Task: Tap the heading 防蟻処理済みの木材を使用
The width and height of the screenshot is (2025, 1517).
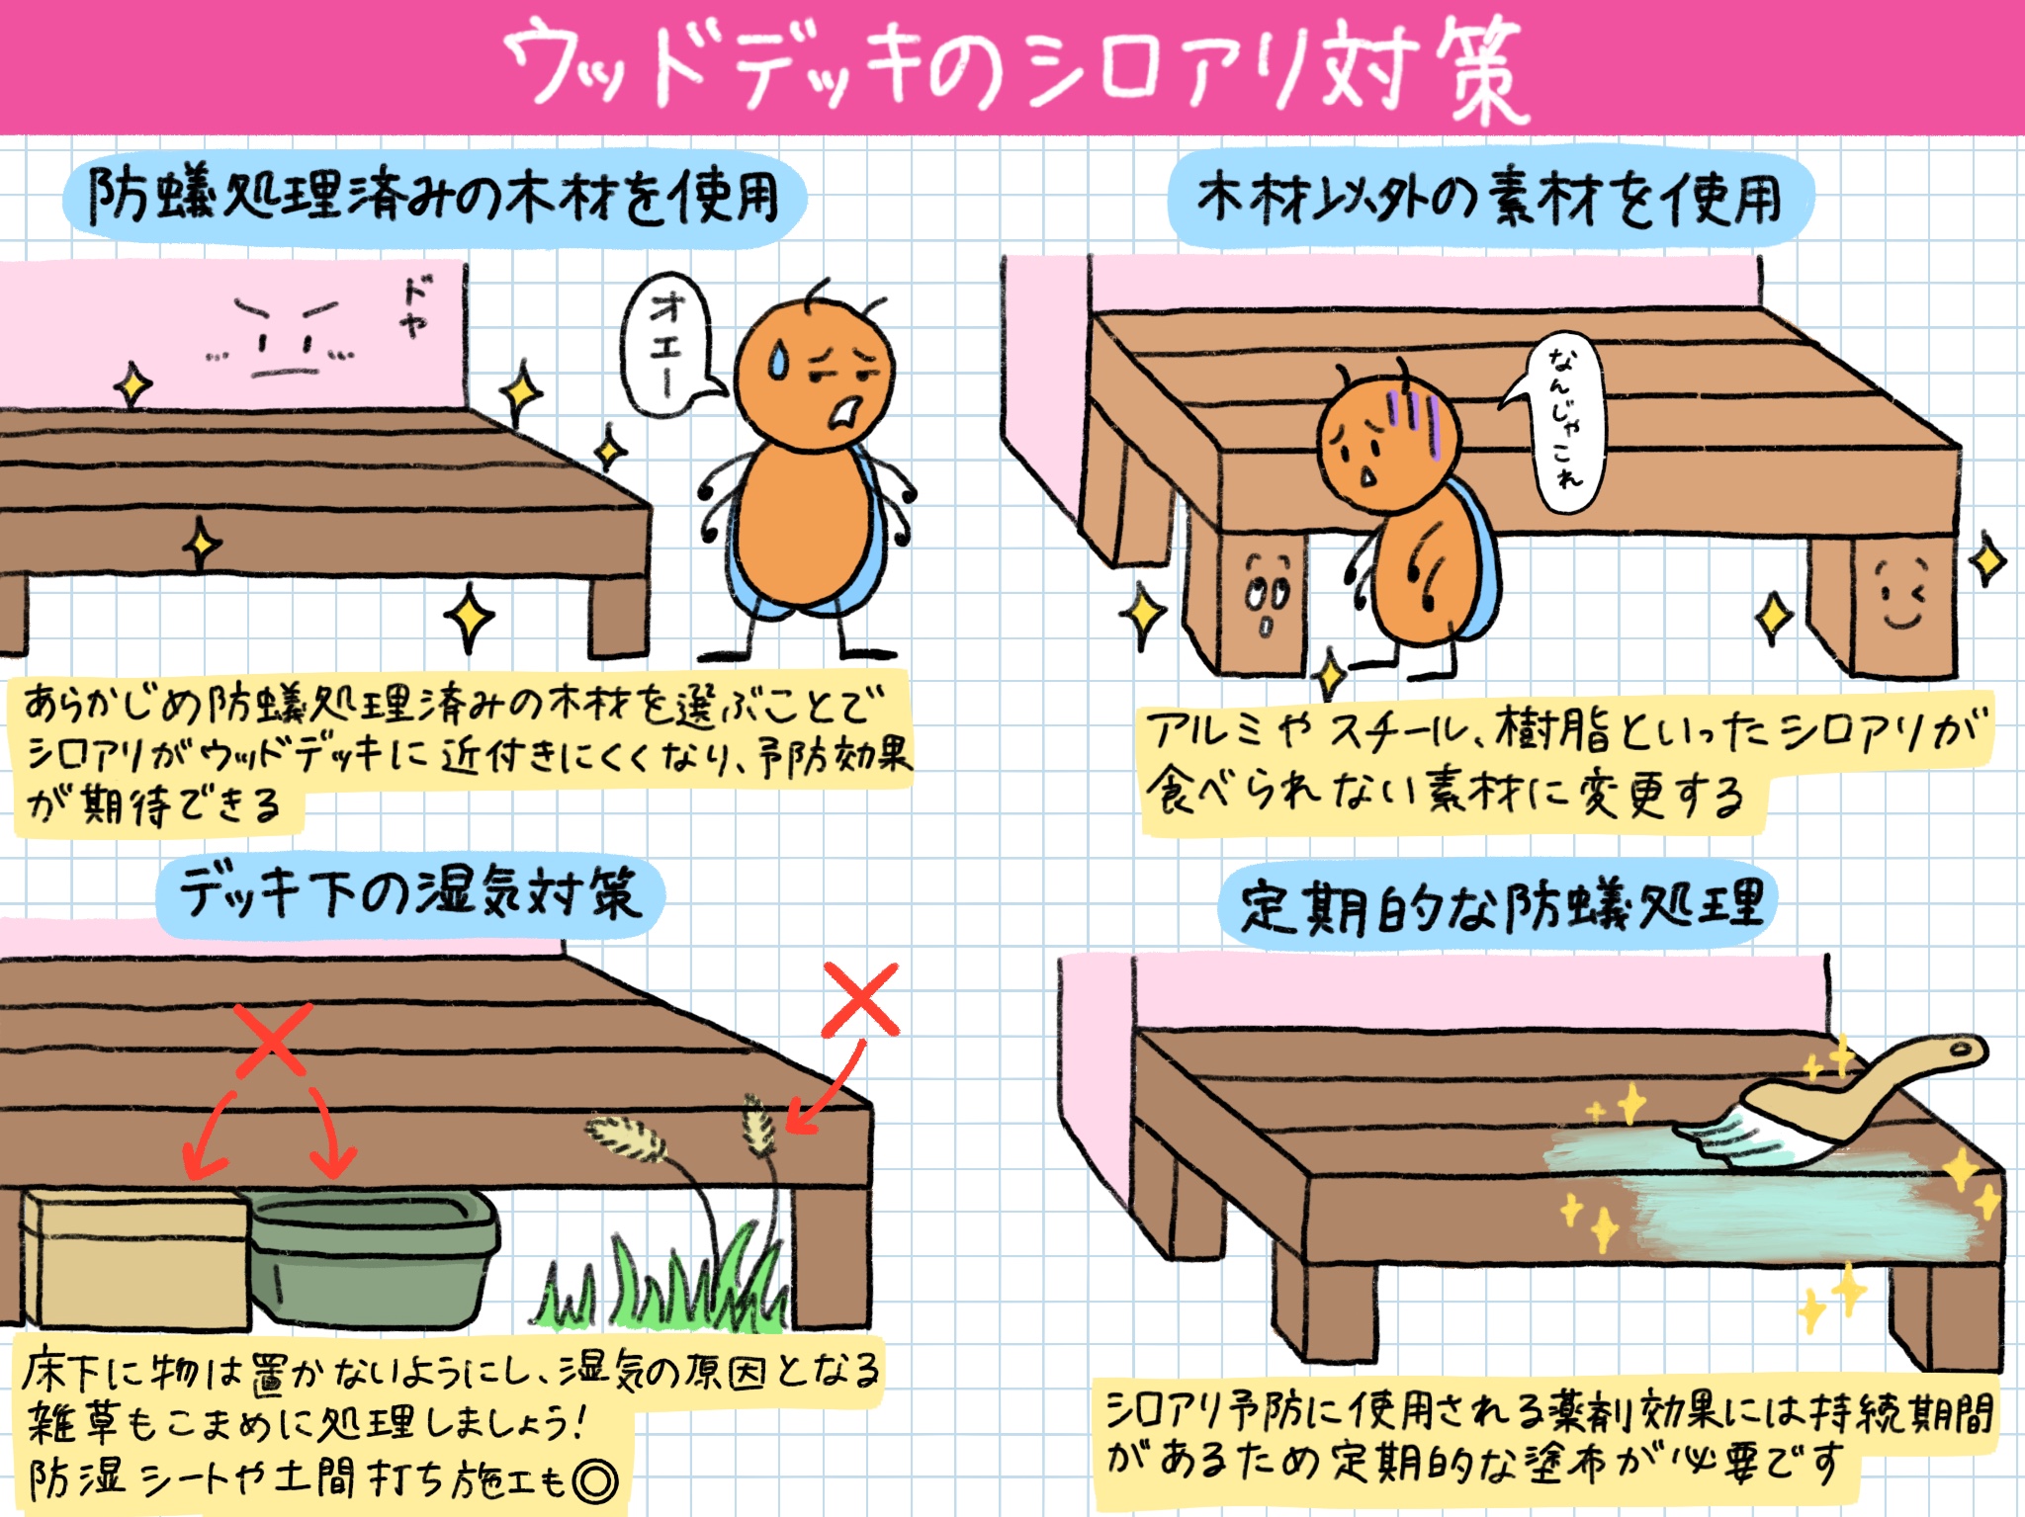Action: pyautogui.click(x=435, y=198)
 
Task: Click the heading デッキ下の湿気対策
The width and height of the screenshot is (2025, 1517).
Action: pyautogui.click(x=409, y=895)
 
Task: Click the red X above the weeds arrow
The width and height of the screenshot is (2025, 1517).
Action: pyautogui.click(x=860, y=999)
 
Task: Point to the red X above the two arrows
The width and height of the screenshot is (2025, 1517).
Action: pyautogui.click(x=274, y=1039)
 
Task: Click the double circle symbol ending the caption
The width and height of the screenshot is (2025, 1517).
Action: pyautogui.click(x=595, y=1480)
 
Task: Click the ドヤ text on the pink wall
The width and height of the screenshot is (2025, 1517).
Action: pyautogui.click(x=416, y=306)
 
